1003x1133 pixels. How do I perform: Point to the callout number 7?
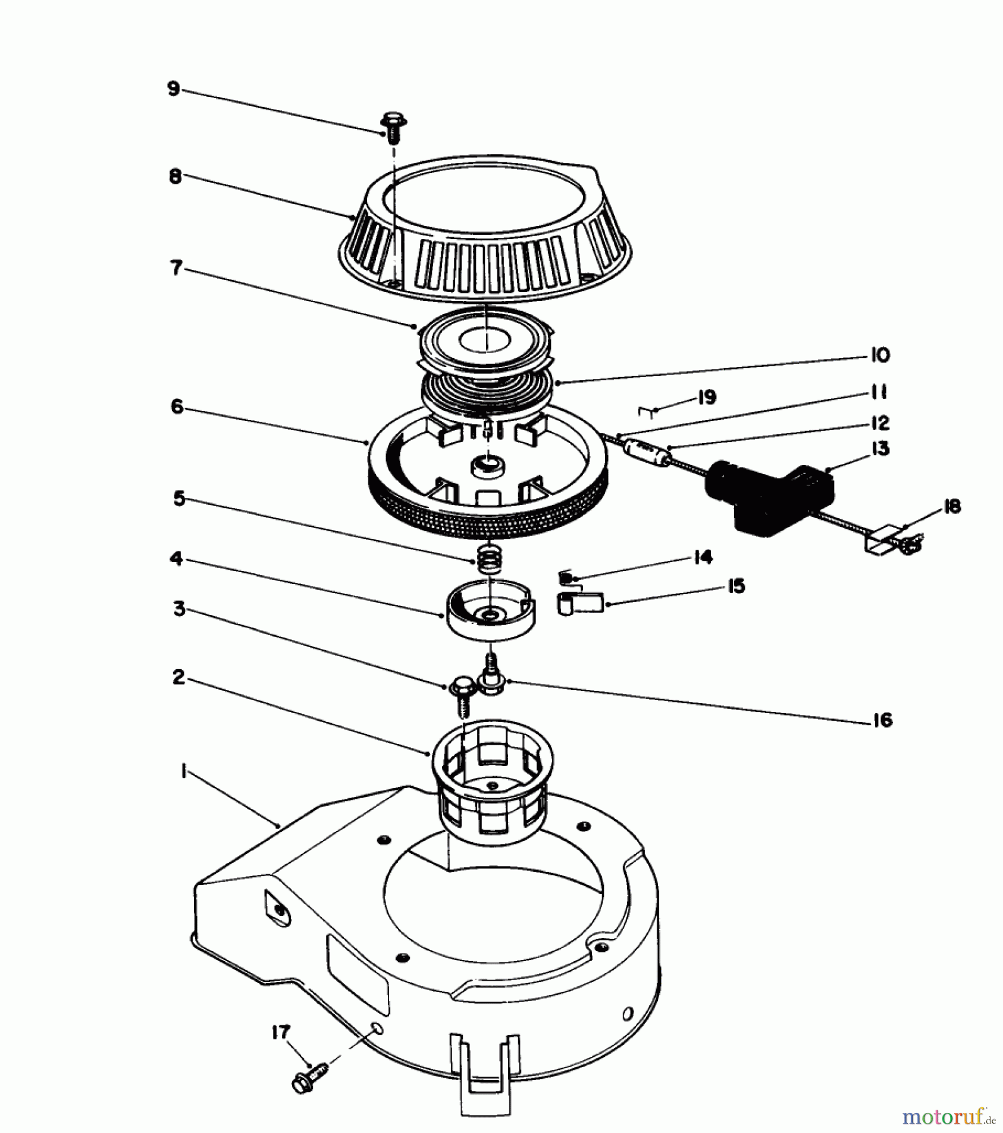(x=176, y=268)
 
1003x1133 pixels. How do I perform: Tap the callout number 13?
(x=880, y=449)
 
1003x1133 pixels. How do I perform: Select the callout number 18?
(x=952, y=507)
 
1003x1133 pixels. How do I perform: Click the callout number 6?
(x=177, y=407)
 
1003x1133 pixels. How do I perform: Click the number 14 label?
(x=703, y=557)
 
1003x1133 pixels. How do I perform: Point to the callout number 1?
(x=183, y=772)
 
